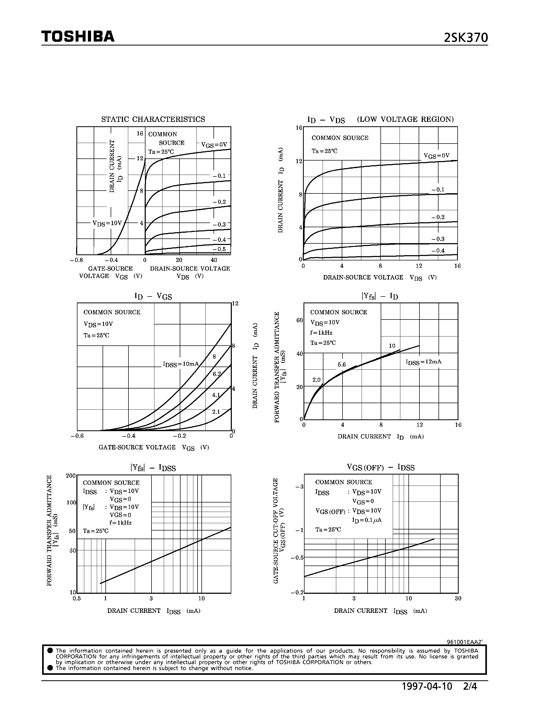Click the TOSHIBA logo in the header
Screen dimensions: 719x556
78,37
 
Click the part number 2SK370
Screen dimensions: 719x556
465,38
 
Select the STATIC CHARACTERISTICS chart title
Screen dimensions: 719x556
153,119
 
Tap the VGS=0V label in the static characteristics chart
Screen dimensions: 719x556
214,145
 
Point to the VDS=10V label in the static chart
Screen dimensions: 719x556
107,223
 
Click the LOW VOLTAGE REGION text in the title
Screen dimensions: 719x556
405,119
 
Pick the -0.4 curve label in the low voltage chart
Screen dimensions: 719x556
438,250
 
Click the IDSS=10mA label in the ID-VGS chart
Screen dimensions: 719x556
181,364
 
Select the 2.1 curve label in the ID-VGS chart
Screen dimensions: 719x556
216,412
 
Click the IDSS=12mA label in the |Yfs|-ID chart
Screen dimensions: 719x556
423,362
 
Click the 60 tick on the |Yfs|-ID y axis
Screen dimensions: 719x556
299,320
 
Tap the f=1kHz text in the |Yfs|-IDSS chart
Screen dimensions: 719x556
121,523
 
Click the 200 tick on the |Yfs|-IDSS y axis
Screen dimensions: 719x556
71,476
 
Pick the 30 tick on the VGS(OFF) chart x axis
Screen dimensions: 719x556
458,598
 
